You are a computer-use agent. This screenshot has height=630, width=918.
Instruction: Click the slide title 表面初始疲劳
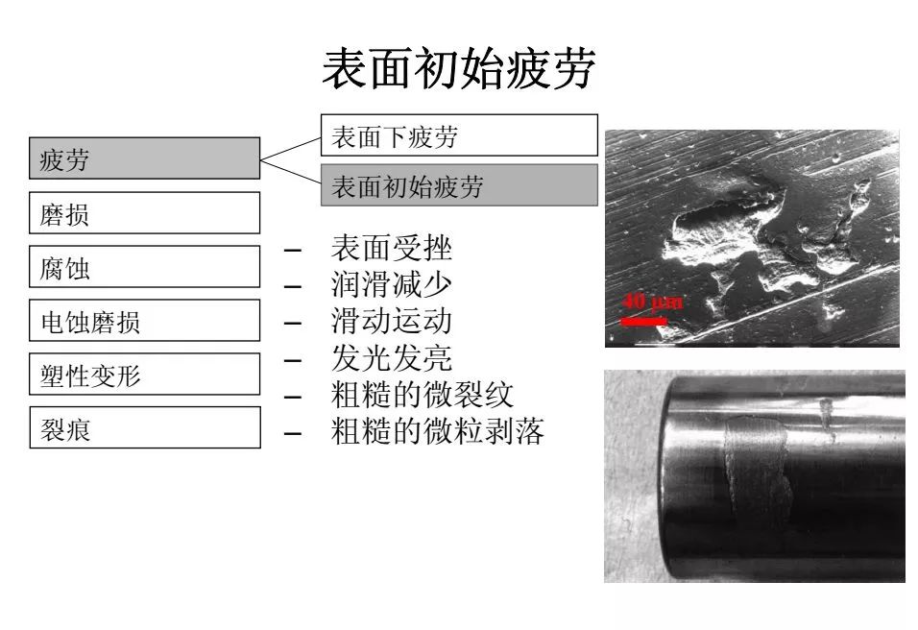pyautogui.click(x=459, y=69)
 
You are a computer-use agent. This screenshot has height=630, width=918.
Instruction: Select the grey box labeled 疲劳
pyautogui.click(x=145, y=158)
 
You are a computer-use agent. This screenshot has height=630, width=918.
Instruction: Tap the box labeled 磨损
pyautogui.click(x=145, y=212)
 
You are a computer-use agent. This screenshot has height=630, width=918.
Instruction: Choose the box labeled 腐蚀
pyautogui.click(x=145, y=266)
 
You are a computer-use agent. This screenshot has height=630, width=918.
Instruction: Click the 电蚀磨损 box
pyautogui.click(x=145, y=320)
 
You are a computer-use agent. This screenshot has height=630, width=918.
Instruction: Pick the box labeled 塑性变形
pyautogui.click(x=145, y=375)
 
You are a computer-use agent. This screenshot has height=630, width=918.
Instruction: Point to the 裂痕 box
pyautogui.click(x=145, y=427)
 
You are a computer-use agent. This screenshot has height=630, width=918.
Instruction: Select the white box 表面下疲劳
pyautogui.click(x=459, y=135)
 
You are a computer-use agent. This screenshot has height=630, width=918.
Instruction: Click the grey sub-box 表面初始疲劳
pyautogui.click(x=459, y=185)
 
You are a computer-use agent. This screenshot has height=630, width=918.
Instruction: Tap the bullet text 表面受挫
pyautogui.click(x=391, y=248)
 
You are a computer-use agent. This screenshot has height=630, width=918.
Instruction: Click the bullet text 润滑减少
pyautogui.click(x=391, y=284)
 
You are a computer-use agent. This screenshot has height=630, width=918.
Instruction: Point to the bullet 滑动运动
pyautogui.click(x=391, y=321)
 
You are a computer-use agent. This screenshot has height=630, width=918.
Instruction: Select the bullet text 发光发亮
pyautogui.click(x=391, y=358)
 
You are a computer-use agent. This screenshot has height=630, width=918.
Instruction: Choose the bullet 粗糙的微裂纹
pyautogui.click(x=423, y=394)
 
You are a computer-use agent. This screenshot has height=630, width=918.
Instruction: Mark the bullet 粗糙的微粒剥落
pyautogui.click(x=437, y=431)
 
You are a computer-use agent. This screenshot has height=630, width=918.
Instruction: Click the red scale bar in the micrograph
pyautogui.click(x=644, y=321)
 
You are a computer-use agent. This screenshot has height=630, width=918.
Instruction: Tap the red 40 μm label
pyautogui.click(x=652, y=302)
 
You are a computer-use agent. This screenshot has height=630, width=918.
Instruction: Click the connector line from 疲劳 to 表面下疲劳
pyautogui.click(x=290, y=149)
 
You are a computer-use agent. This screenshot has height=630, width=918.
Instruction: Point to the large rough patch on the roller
pyautogui.click(x=758, y=464)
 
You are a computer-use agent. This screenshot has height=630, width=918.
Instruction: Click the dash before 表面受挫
pyautogui.click(x=293, y=251)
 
